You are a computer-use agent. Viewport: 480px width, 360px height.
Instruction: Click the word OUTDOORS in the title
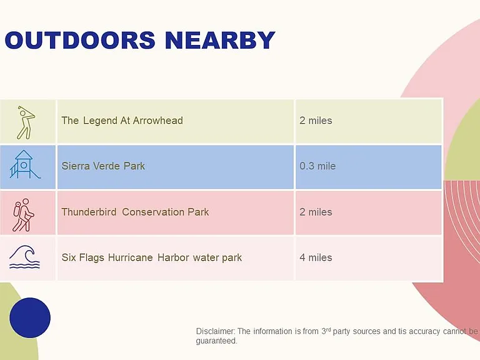tap(80, 40)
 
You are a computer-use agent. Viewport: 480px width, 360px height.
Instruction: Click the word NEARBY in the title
tap(220, 40)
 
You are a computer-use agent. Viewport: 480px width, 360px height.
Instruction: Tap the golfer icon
tap(26, 122)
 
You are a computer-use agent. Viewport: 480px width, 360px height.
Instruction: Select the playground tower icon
tap(24, 164)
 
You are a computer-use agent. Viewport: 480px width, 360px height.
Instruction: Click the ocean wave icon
tap(24, 257)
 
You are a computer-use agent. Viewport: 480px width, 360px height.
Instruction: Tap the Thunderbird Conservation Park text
tap(135, 212)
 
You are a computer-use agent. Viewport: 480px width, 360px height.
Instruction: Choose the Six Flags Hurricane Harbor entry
tap(151, 257)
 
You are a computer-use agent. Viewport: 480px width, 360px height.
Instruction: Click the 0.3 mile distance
tap(317, 166)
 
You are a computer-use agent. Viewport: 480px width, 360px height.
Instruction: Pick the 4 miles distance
tap(316, 257)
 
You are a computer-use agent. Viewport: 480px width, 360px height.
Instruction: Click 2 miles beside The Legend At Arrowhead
tap(316, 120)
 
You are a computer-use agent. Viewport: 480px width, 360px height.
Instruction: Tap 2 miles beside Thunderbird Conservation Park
tap(316, 212)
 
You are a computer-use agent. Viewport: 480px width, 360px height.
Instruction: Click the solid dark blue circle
tap(30, 317)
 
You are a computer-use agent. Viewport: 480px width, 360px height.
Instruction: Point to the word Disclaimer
tap(216, 331)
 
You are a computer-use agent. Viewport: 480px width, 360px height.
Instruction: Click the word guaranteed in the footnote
tap(216, 341)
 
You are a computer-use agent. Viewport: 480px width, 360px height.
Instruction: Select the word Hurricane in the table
tap(131, 257)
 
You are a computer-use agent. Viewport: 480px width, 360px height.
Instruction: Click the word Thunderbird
tap(89, 212)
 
